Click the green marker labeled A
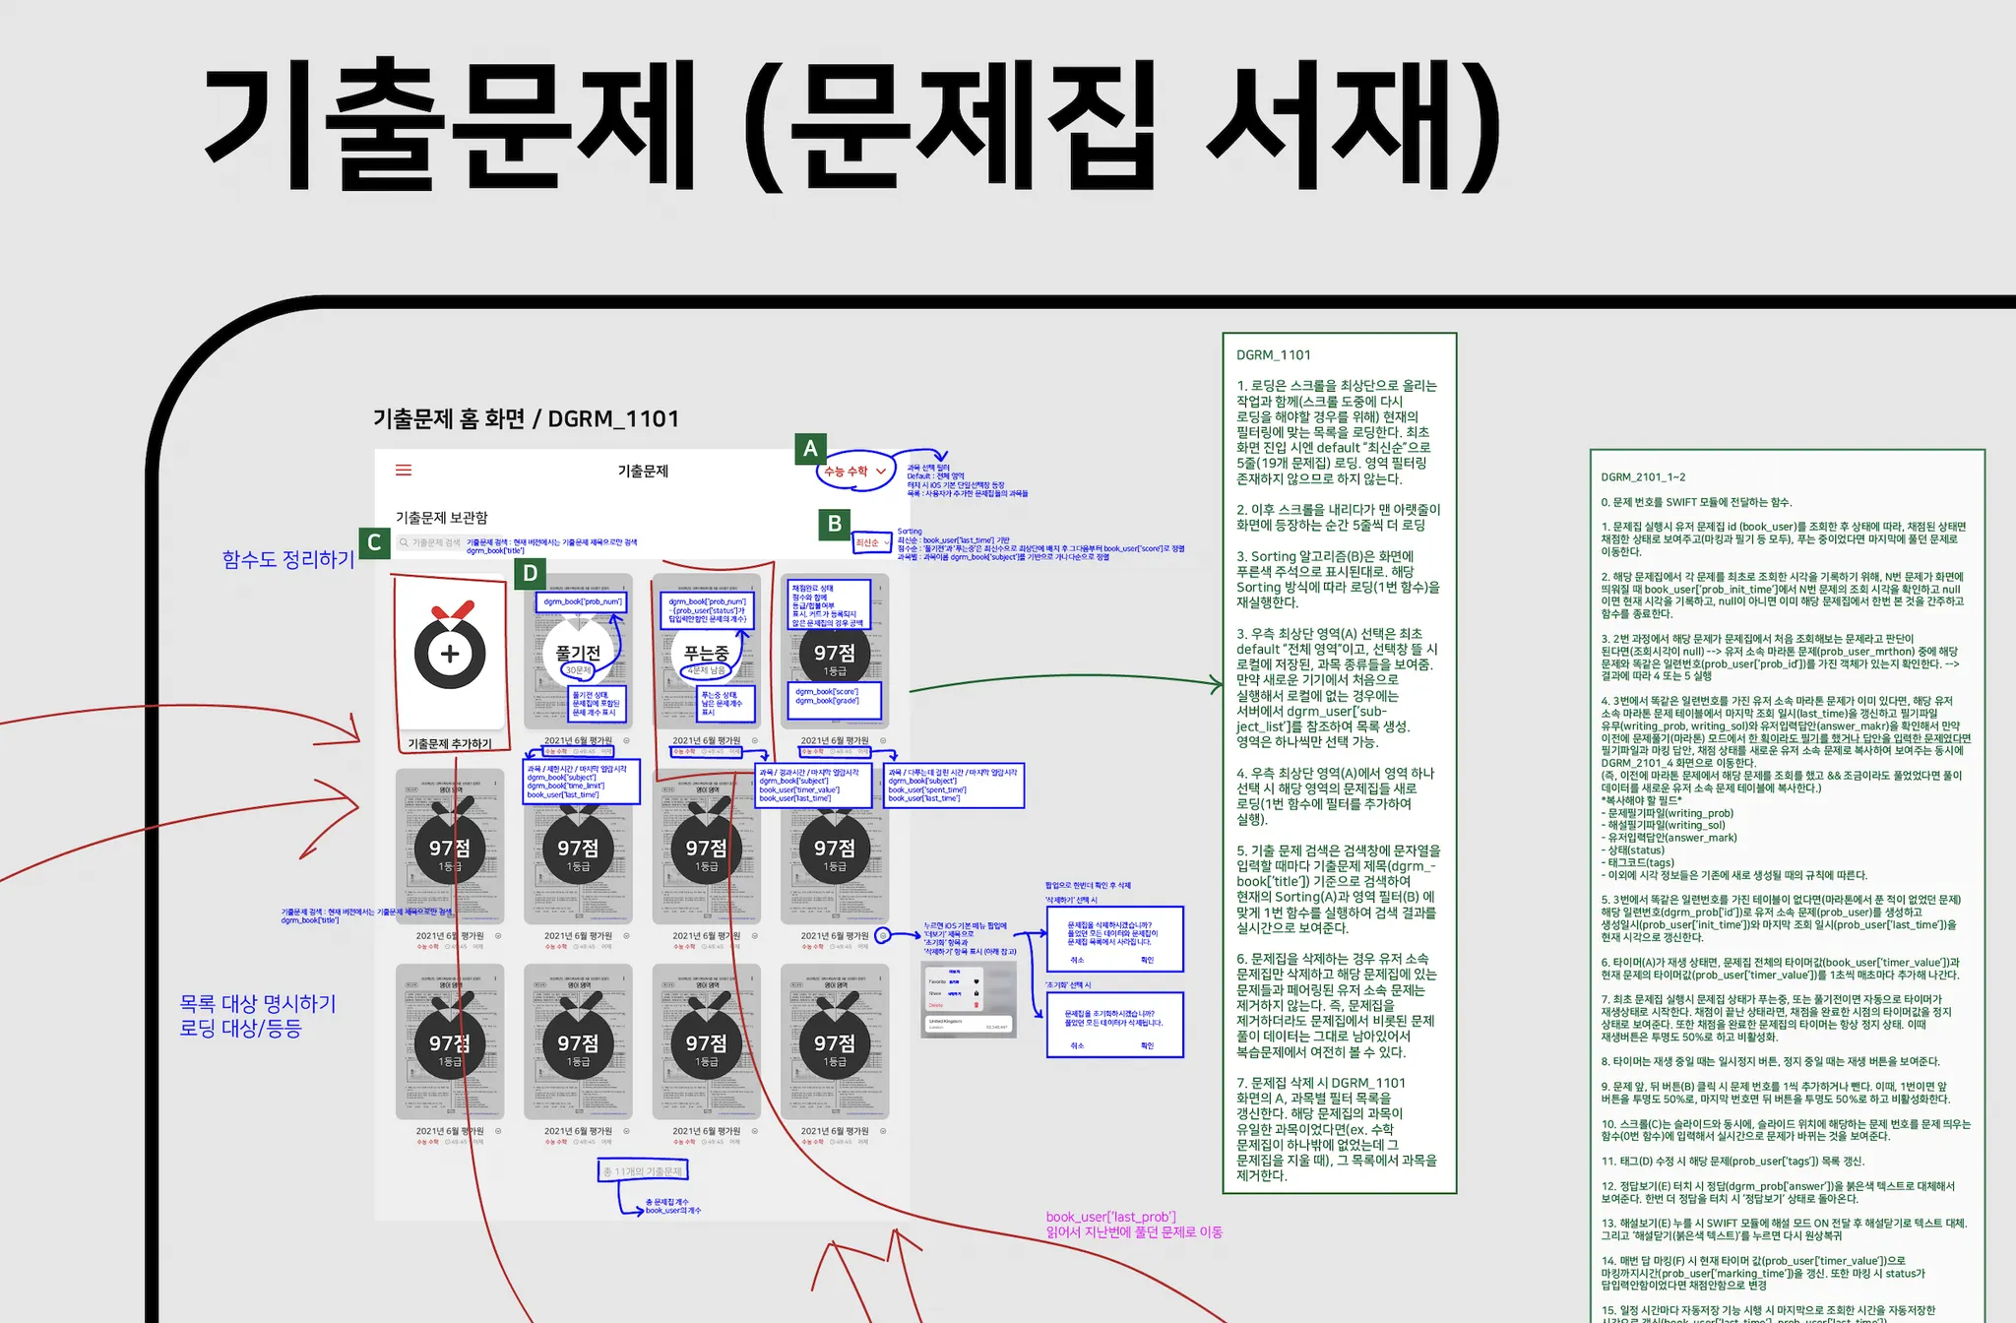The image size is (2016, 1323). (x=810, y=449)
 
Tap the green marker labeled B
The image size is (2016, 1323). (x=835, y=524)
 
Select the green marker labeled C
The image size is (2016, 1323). (x=374, y=542)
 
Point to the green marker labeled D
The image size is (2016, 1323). (x=531, y=573)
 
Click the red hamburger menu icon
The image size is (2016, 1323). (x=404, y=471)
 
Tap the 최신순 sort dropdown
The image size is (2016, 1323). (x=871, y=542)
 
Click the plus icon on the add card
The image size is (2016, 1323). (x=450, y=654)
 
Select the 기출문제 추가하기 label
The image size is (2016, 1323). (x=450, y=744)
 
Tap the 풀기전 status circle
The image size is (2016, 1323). (x=578, y=654)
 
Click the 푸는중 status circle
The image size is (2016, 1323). (x=706, y=654)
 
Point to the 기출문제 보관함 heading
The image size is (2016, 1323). (x=441, y=518)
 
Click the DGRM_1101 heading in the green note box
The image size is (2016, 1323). (x=1273, y=355)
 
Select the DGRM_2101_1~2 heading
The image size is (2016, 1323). (x=1643, y=477)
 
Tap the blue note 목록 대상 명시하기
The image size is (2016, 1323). (x=258, y=1004)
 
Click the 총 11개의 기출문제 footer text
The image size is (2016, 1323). (x=643, y=1171)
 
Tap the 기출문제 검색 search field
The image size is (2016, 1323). (x=431, y=542)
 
